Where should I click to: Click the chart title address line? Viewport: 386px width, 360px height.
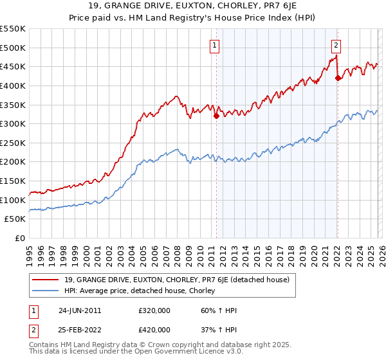pos(193,6)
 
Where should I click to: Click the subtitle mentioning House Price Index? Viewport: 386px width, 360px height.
pos(193,17)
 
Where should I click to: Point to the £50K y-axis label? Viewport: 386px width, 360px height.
pos(15,219)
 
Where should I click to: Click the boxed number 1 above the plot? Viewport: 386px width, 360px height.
pos(214,45)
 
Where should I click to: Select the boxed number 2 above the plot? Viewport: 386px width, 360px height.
pos(336,45)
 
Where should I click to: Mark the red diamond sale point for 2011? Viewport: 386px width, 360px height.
pos(216,116)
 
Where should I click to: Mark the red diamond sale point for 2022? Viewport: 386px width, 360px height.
pos(338,78)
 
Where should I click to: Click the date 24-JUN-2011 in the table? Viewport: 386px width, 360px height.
pos(79,310)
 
